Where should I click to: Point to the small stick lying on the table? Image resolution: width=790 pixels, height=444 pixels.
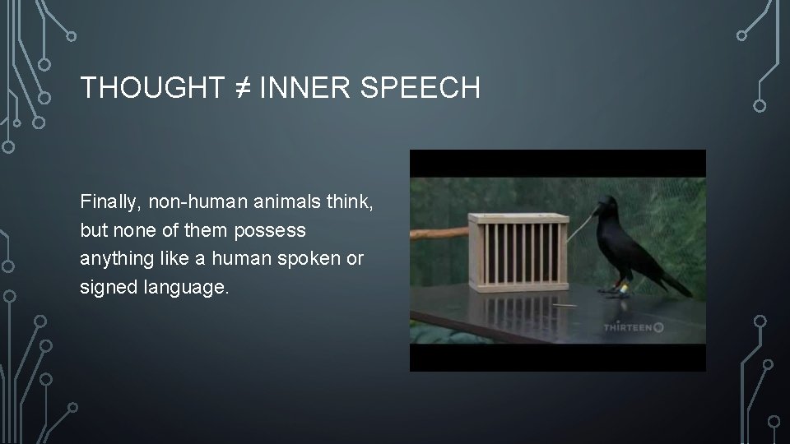[x=562, y=304]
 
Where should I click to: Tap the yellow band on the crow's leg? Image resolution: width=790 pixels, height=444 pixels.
[x=624, y=289]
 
